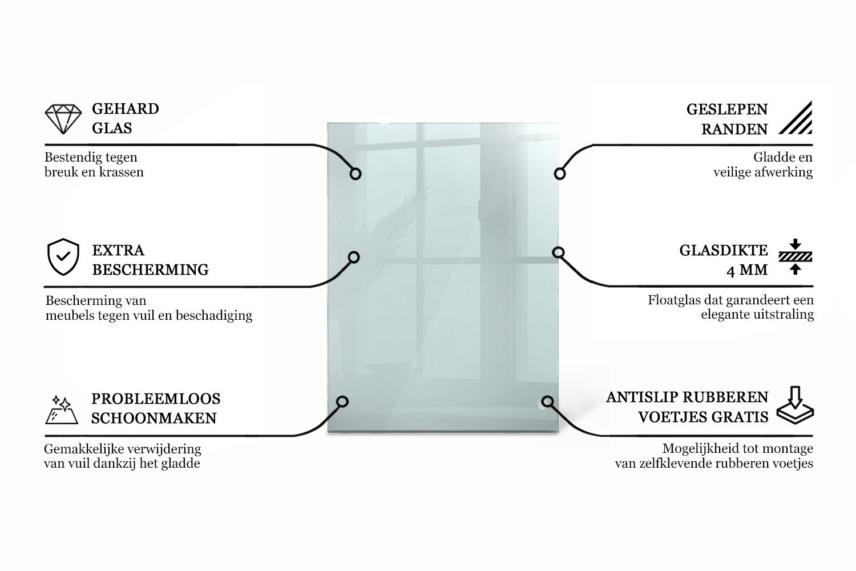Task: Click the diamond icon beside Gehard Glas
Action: pyautogui.click(x=63, y=119)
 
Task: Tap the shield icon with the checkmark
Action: pyautogui.click(x=63, y=257)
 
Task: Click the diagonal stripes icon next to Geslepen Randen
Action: pyautogui.click(x=796, y=118)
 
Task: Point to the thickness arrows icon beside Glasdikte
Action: pyautogui.click(x=796, y=256)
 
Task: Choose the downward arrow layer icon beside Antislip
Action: pyautogui.click(x=796, y=405)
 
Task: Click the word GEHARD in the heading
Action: pyautogui.click(x=126, y=109)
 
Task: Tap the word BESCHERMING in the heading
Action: pyautogui.click(x=151, y=270)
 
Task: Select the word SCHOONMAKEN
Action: pyautogui.click(x=154, y=418)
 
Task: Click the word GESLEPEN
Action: pyautogui.click(x=727, y=110)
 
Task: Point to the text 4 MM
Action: pyautogui.click(x=747, y=270)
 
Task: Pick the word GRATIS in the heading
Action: pyautogui.click(x=741, y=417)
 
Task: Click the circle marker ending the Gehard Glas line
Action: pyautogui.click(x=356, y=174)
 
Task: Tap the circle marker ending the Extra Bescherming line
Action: pyautogui.click(x=354, y=258)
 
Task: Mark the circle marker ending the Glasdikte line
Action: pyautogui.click(x=558, y=252)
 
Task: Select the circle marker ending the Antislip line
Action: pyautogui.click(x=547, y=401)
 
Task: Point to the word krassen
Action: pyautogui.click(x=122, y=172)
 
